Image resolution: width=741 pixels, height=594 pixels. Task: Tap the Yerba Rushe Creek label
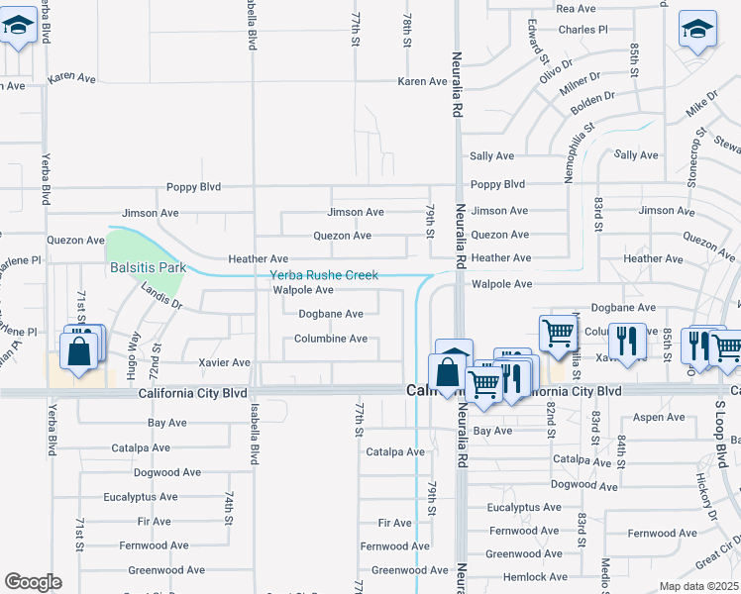coord(324,275)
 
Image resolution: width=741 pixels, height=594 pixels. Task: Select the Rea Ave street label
coord(576,8)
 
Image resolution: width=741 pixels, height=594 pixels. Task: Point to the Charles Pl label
coord(582,30)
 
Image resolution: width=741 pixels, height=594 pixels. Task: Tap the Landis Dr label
coord(161,296)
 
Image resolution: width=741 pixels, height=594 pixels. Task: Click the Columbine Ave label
coord(331,339)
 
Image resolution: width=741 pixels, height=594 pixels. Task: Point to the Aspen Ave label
coord(659,418)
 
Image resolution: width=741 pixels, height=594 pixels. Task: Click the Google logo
coord(33,581)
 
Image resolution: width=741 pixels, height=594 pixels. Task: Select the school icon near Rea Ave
coord(697,30)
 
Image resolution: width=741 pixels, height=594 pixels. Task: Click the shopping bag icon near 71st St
coord(78,350)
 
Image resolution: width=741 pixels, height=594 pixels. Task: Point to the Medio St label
coord(605,572)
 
